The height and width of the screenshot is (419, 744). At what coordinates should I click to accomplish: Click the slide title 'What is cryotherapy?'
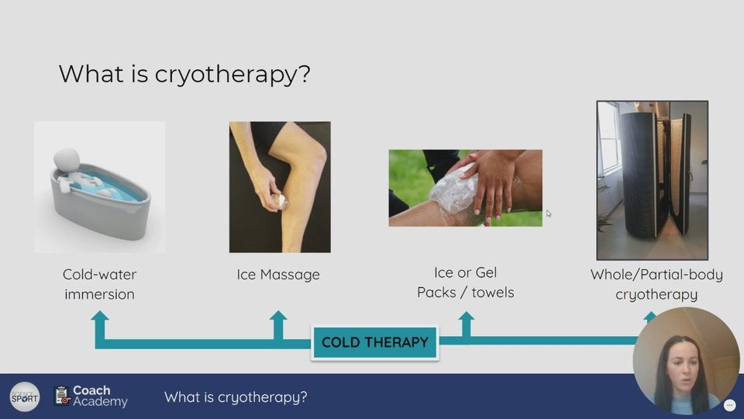tap(184, 74)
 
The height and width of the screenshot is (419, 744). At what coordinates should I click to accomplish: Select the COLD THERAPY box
tap(374, 342)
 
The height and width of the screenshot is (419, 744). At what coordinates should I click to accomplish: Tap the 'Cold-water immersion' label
tap(99, 284)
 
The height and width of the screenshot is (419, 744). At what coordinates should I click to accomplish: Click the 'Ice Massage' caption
tap(278, 275)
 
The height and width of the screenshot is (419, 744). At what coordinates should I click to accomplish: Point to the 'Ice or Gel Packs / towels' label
tap(465, 282)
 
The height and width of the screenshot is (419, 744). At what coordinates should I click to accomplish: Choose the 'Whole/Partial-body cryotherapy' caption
tap(656, 284)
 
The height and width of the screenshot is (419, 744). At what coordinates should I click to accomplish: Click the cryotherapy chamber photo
tap(652, 180)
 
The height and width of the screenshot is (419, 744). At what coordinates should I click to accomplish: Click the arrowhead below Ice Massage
tap(278, 317)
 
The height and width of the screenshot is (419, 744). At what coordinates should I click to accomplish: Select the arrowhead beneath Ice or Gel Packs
tap(466, 317)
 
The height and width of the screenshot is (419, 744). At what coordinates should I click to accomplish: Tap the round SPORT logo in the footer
tap(25, 396)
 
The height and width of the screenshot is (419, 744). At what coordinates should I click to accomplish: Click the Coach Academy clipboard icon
tap(62, 396)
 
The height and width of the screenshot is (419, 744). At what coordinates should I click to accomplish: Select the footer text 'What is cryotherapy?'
tap(236, 397)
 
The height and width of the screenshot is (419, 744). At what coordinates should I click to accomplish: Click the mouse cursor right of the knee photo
tap(549, 214)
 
